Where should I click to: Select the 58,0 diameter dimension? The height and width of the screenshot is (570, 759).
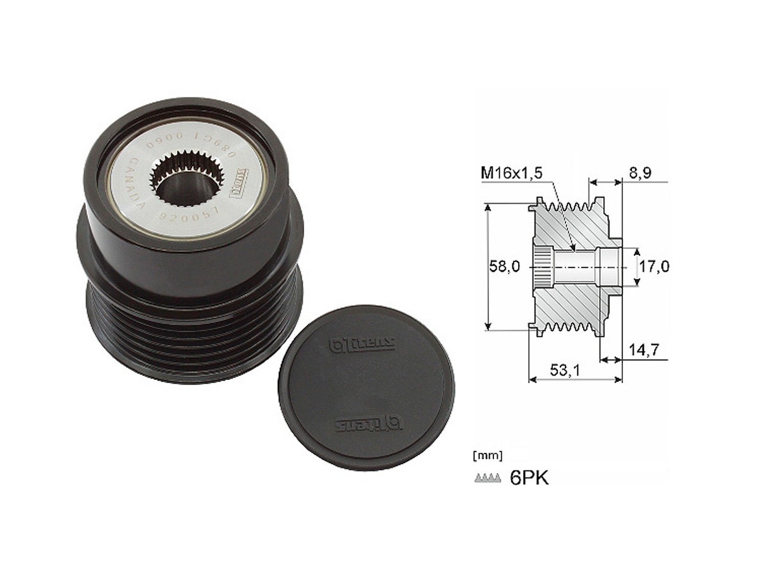(x=503, y=267)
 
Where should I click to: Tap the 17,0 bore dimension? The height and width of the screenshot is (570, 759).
(x=654, y=267)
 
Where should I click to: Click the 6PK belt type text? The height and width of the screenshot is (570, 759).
(x=529, y=477)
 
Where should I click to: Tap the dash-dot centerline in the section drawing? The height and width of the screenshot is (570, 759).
(x=588, y=267)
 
